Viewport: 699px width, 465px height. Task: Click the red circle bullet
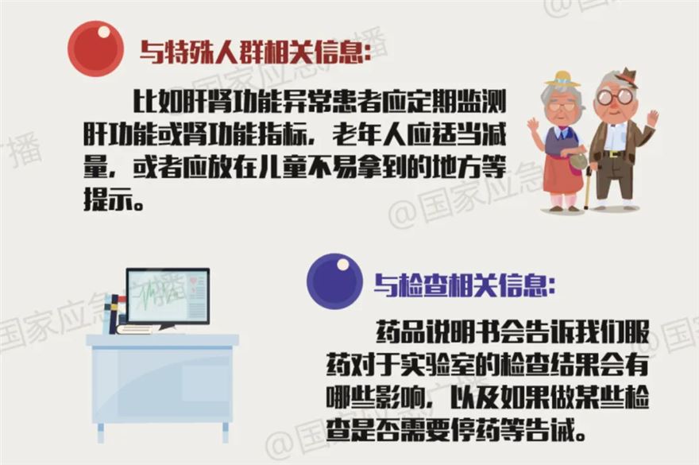click(x=95, y=48)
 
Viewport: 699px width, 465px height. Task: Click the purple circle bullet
click(x=334, y=281)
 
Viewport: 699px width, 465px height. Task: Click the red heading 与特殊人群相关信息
click(x=255, y=52)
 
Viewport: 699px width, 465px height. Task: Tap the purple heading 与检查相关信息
click(x=465, y=285)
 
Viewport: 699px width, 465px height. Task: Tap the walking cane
click(x=588, y=188)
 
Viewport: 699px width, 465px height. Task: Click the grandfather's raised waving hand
click(x=651, y=118)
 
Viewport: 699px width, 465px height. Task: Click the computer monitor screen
click(x=168, y=296)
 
